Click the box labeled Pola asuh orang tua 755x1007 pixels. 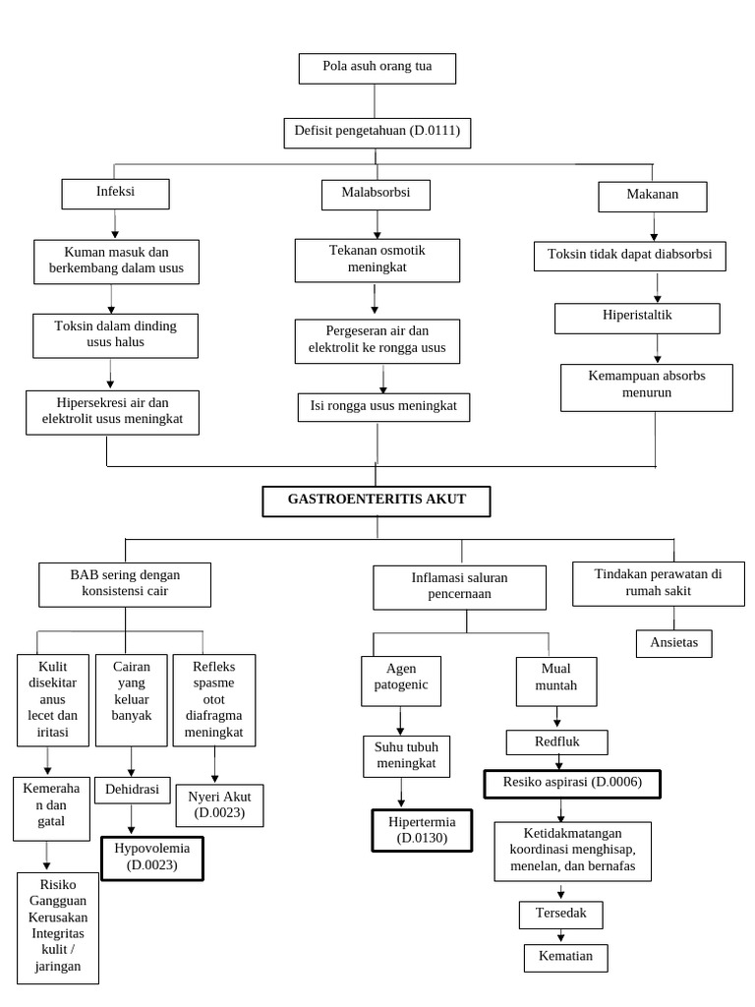377,69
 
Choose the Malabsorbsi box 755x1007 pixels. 377,195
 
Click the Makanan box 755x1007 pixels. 653,196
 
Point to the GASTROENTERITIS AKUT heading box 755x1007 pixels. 377,501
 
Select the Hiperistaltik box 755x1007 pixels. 637,318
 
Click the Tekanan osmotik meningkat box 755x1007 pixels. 377,259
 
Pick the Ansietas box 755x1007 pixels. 673,642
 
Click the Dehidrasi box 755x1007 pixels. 132,790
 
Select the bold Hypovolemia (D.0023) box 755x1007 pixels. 151,857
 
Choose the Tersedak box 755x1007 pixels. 561,915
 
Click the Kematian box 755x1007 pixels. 565,957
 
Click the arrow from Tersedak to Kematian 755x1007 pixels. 561,936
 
